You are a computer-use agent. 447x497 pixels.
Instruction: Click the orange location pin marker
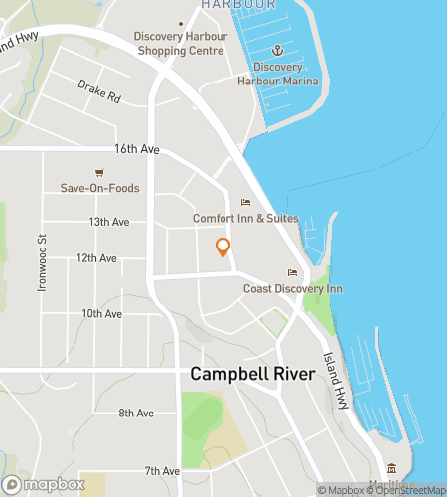(223, 248)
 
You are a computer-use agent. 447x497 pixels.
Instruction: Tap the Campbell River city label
(251, 375)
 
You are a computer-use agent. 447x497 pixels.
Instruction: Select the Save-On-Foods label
(99, 188)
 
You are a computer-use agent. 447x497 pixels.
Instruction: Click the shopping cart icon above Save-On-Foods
(99, 172)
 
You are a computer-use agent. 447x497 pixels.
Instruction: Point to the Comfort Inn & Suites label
(245, 218)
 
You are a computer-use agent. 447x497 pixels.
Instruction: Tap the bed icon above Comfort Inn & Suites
(245, 202)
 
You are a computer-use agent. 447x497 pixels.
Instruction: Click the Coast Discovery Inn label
(293, 289)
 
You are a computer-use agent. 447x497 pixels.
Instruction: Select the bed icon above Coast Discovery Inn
(292, 273)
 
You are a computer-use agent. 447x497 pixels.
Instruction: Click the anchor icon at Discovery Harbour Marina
(278, 50)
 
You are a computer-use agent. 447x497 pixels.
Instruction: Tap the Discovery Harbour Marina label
(278, 74)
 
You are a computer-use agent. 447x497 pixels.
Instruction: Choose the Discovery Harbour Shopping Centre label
(180, 44)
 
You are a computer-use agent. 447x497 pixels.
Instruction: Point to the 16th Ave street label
(137, 149)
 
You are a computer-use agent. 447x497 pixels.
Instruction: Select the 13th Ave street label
(109, 222)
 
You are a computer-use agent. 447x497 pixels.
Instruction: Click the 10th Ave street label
(101, 313)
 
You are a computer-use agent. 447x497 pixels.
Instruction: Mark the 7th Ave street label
(161, 470)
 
